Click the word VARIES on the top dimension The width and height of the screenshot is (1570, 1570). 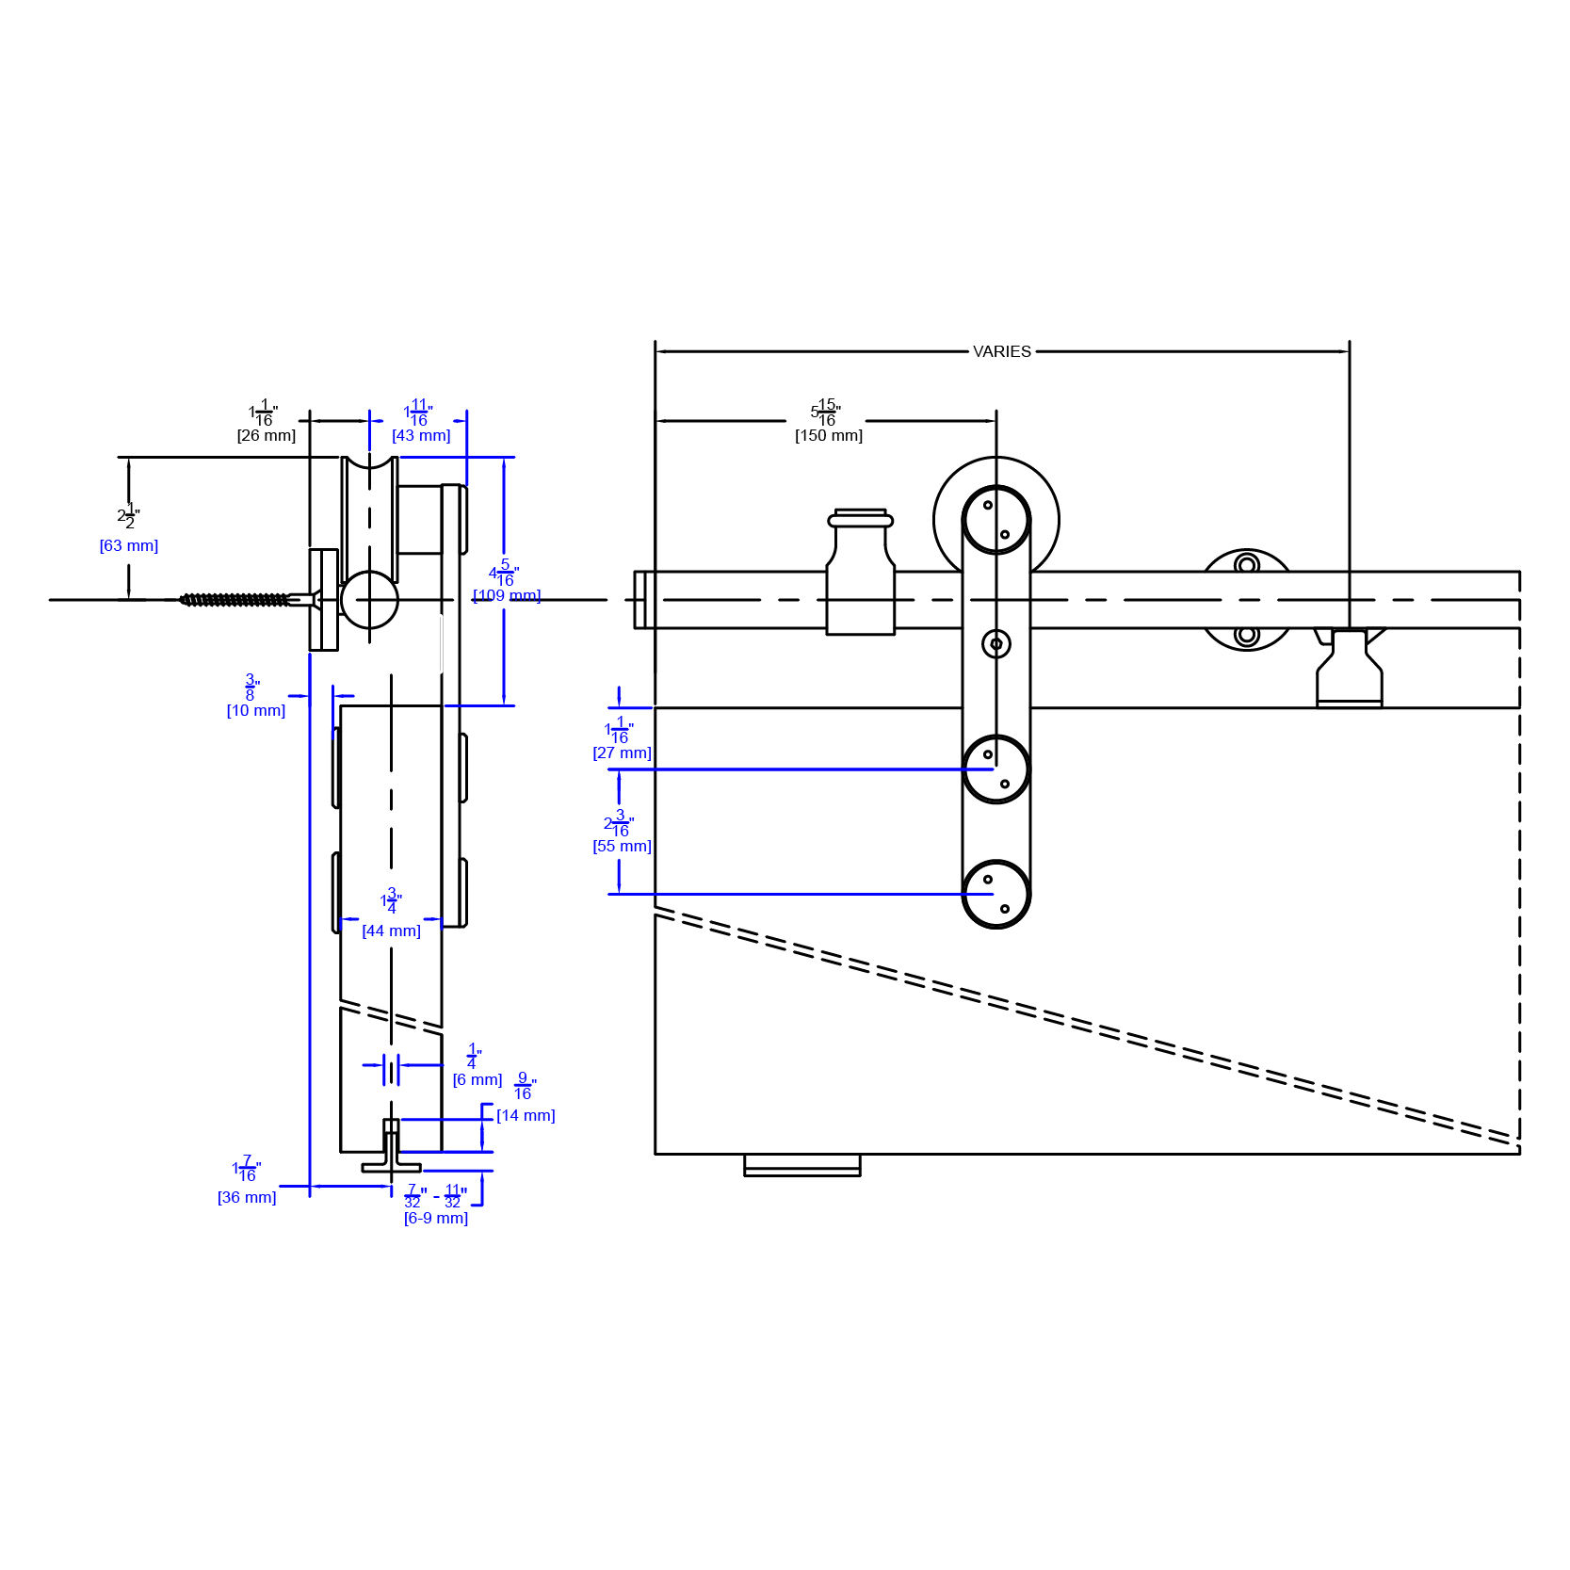[x=1001, y=351]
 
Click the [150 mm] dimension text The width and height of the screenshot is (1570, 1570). [x=828, y=435]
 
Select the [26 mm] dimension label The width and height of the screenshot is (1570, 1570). [x=266, y=435]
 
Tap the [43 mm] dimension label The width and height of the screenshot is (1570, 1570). [x=421, y=435]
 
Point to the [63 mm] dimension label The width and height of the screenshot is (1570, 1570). [x=129, y=545]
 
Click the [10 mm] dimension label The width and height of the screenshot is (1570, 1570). [x=255, y=710]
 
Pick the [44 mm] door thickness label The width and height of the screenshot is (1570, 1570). [x=391, y=931]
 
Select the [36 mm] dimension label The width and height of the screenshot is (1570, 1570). [x=247, y=1197]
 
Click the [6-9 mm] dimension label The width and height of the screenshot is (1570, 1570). [x=435, y=1218]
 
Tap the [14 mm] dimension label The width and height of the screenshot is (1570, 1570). [x=526, y=1115]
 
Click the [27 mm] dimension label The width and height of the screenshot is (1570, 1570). [x=622, y=753]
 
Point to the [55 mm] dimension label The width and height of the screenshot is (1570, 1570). [x=622, y=846]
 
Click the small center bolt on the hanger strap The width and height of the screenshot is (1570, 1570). [x=995, y=644]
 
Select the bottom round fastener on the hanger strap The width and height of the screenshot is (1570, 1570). [x=995, y=894]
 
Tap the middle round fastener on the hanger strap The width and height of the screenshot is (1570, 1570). [x=995, y=769]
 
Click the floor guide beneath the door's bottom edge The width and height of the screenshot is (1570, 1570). [x=801, y=1166]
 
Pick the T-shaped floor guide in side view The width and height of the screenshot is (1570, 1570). [x=391, y=1149]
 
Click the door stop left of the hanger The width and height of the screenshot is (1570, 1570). [x=860, y=575]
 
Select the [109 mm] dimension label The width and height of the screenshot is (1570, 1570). [x=507, y=595]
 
